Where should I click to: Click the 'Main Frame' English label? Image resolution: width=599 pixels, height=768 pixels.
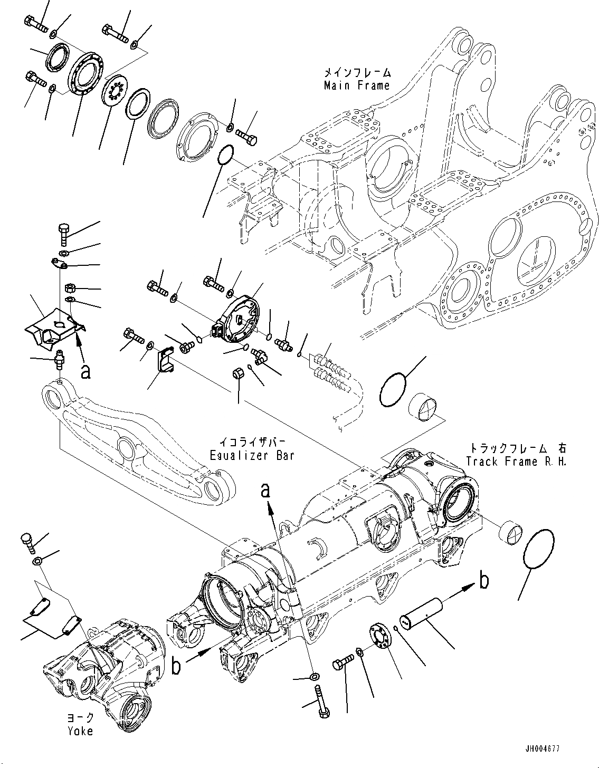(357, 85)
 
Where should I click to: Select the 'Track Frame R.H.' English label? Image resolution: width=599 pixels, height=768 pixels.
(515, 461)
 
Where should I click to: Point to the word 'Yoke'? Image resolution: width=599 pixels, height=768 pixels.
(80, 731)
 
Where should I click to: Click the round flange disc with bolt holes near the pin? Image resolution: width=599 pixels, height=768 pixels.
(380, 634)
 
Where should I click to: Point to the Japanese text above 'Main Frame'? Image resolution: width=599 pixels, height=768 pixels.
(357, 72)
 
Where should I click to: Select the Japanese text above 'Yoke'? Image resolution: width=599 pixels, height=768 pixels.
(80, 718)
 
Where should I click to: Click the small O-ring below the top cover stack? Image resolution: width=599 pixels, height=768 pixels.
(225, 155)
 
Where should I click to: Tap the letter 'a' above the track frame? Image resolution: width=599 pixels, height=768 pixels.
(266, 491)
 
